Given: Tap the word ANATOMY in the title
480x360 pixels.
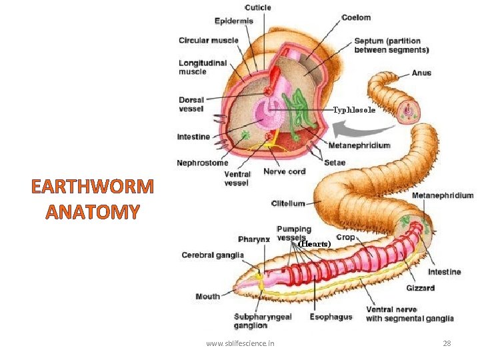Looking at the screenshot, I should [93, 212].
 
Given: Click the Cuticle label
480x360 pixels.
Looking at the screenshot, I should [258, 8].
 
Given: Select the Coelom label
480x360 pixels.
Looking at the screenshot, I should [356, 17].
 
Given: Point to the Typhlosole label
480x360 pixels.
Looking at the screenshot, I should [354, 109].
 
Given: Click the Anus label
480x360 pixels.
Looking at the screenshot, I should [421, 73].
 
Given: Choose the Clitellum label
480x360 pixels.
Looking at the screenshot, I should [288, 203].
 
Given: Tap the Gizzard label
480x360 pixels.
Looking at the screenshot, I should [420, 288].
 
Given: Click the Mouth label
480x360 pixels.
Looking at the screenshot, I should [207, 296].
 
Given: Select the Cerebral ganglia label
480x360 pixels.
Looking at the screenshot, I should [213, 255].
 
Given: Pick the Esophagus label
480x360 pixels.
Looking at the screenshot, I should [331, 317].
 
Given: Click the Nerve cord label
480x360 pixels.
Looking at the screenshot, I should [284, 171].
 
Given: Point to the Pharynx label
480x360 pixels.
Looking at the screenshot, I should [253, 239].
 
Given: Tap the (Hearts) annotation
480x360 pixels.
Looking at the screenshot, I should [315, 244].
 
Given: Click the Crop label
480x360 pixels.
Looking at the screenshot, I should [345, 237].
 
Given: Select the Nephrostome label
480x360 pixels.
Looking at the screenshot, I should [202, 162].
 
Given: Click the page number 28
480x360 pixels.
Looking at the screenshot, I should [447, 343].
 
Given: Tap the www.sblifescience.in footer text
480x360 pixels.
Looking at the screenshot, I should [240, 343].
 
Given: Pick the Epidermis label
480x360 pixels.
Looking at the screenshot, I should [233, 21].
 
